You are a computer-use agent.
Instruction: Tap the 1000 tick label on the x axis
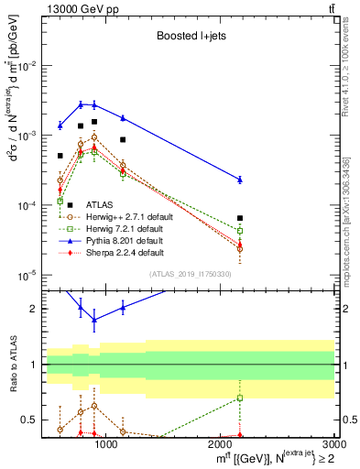pos(106,445)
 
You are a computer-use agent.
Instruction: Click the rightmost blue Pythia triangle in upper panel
pos(240,180)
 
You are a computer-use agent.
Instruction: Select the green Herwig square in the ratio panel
pos(240,398)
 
